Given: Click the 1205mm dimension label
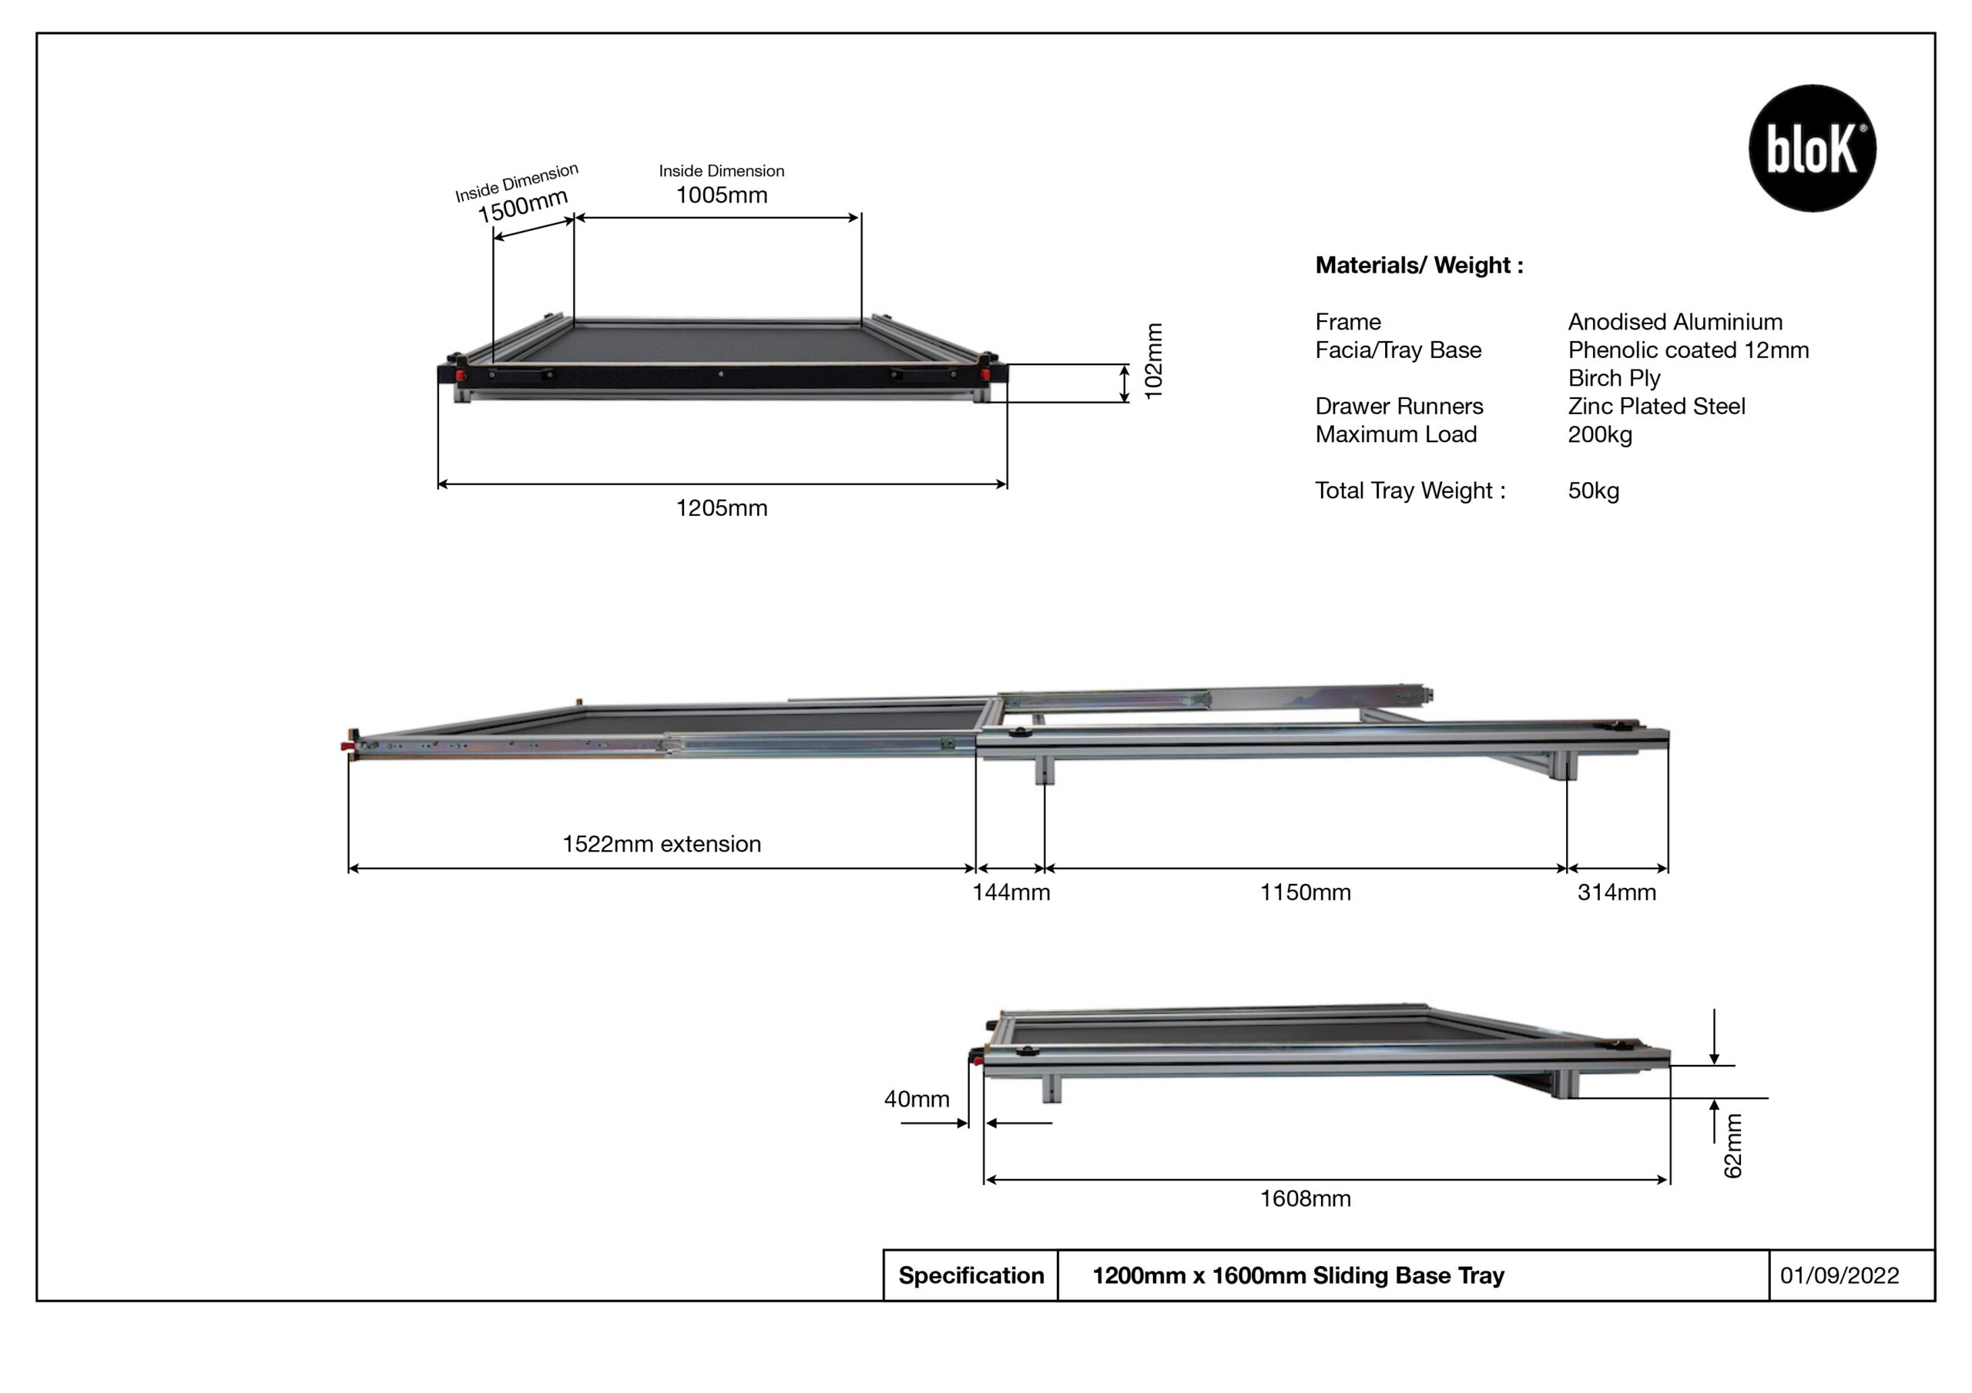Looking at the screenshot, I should pos(722,508).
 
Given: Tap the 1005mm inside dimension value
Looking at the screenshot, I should pos(722,195).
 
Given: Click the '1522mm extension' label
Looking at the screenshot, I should pos(662,844).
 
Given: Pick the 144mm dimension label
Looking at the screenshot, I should pos(1011,892).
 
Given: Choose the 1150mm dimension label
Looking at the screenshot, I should pos(1305,892).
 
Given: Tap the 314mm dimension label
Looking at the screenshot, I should pos(1616,892).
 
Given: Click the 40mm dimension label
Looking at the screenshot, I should pos(917,1100).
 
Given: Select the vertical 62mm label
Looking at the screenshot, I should pos(1733,1146).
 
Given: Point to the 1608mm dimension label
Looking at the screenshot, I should pos(1305,1199).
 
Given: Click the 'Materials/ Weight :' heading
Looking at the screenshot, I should pos(1419,266).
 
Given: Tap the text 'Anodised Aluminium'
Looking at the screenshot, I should pos(1675,322).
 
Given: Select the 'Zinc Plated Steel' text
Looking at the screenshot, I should pos(1656,407).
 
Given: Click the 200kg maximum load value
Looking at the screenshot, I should pos(1599,434).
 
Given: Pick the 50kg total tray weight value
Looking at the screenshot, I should pos(1593,491).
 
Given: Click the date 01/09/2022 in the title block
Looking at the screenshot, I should pos(1839,1275).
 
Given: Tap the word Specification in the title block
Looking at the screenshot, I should pos(971,1275).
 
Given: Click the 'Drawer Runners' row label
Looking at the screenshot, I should pos(1399,407).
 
